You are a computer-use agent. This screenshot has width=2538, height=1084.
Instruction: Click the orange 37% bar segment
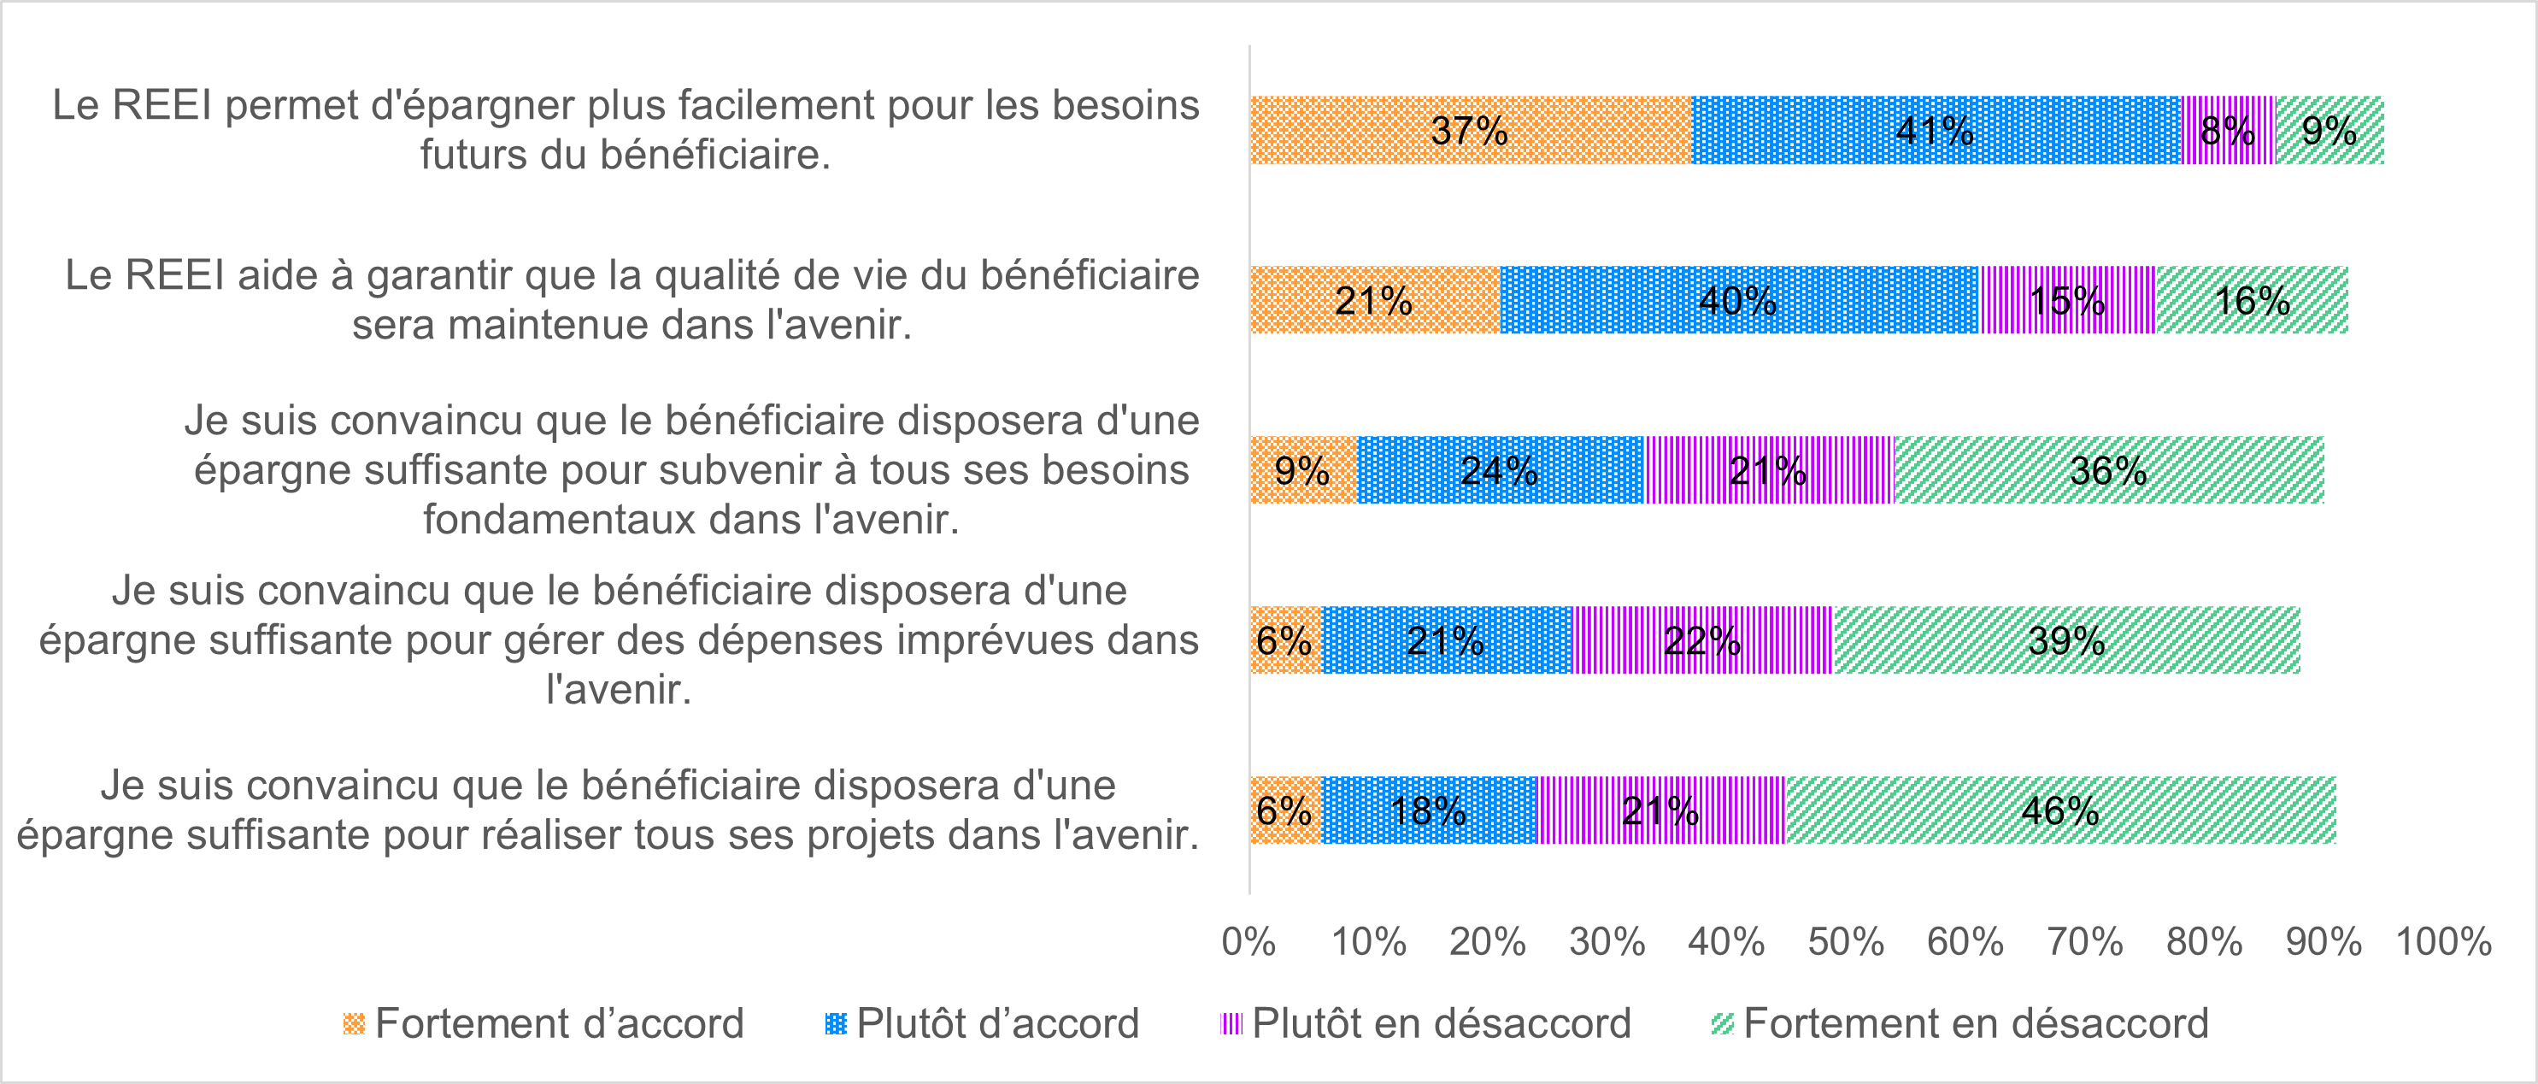pyautogui.click(x=1471, y=130)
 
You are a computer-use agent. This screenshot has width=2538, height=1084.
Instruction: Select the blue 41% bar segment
pyautogui.click(x=1936, y=130)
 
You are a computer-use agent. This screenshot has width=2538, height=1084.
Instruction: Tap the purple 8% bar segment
pyautogui.click(x=2229, y=130)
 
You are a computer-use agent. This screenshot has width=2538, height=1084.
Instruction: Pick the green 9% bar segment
pyautogui.click(x=2330, y=130)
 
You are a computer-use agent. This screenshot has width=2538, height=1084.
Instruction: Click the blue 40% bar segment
pyautogui.click(x=1739, y=299)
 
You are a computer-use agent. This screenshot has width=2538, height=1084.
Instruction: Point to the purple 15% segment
pyautogui.click(x=2067, y=299)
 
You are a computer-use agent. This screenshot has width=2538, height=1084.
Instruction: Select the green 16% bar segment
pyautogui.click(x=2251, y=299)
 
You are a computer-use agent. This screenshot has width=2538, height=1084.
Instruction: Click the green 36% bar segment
pyautogui.click(x=2108, y=470)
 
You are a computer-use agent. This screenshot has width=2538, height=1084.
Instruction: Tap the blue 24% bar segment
pyautogui.click(x=1500, y=470)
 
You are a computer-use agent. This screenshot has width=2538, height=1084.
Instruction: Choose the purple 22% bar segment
pyautogui.click(x=1702, y=640)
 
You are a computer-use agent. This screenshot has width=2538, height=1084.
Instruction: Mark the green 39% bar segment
pyautogui.click(x=2066, y=640)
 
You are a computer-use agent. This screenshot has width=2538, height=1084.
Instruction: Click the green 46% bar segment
pyautogui.click(x=2060, y=810)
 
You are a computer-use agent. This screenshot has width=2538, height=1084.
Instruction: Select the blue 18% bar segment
pyautogui.click(x=1429, y=810)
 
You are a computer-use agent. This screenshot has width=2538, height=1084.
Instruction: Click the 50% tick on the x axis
pyautogui.click(x=1845, y=942)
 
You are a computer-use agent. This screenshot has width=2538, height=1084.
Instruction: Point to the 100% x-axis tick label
pyautogui.click(x=2443, y=942)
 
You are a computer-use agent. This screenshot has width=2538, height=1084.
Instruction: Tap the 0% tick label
pyautogui.click(x=1248, y=942)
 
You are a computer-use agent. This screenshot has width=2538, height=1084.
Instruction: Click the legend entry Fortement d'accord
pyautogui.click(x=559, y=1024)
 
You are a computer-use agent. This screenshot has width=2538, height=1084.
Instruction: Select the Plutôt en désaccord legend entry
pyautogui.click(x=1441, y=1024)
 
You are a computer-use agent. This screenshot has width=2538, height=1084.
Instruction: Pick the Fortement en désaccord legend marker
pyautogui.click(x=1722, y=1024)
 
